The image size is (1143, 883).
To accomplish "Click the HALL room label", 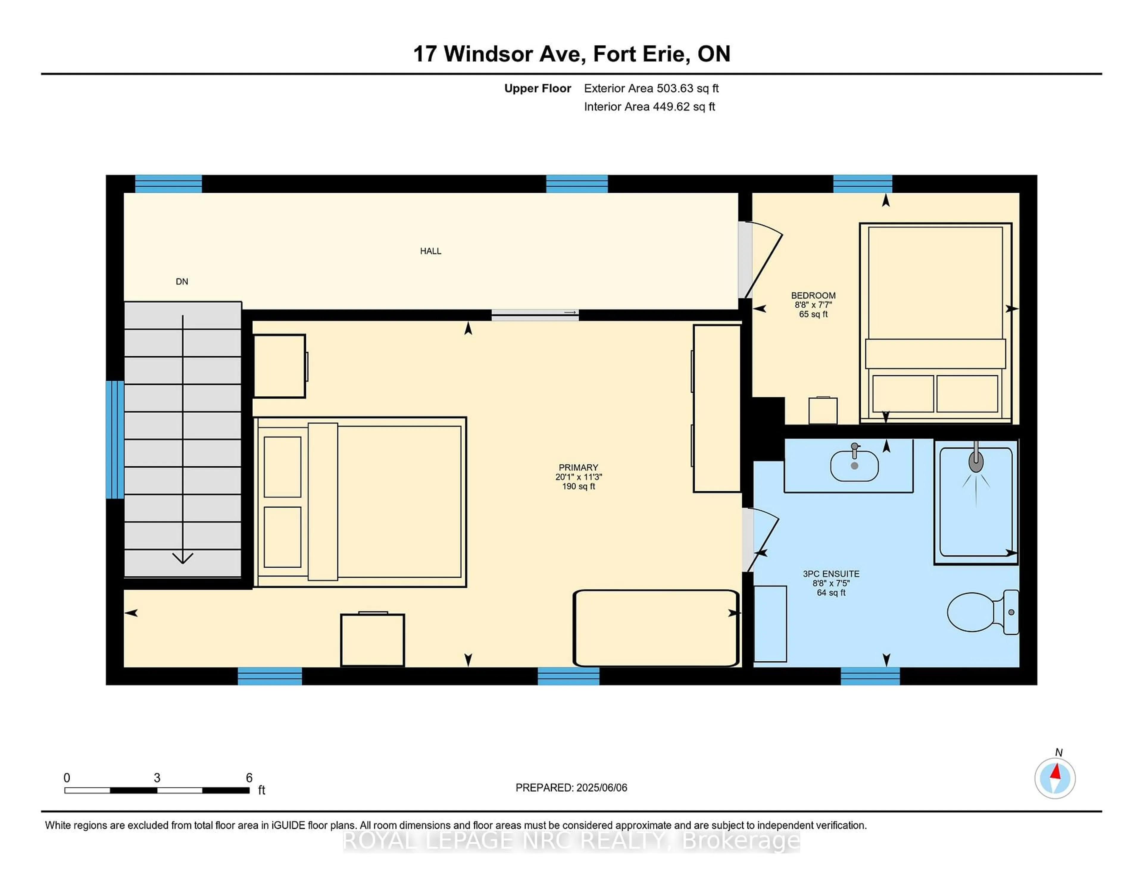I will click(430, 251).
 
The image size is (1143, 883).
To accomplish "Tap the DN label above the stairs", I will click(182, 281).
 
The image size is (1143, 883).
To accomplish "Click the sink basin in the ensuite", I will click(854, 466).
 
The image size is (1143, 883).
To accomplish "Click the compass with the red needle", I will click(1055, 778).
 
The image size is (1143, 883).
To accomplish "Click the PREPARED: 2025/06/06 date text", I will click(571, 787).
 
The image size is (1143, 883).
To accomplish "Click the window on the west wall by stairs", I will click(115, 439).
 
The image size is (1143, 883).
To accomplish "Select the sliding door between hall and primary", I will click(535, 314).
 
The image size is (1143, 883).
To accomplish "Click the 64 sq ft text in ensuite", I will click(831, 593).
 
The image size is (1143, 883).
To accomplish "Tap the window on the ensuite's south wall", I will click(870, 676).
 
